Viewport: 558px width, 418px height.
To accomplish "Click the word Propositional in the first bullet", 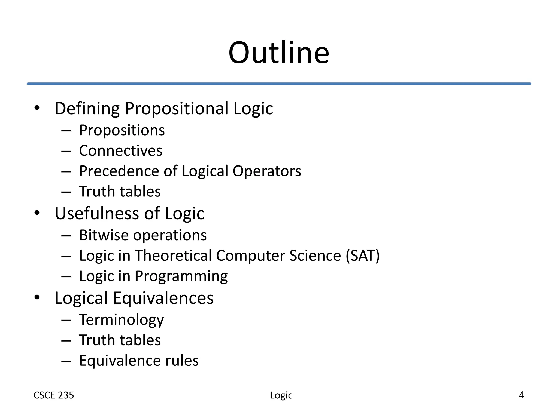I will click(x=176, y=109).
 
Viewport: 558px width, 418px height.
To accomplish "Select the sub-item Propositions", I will click(x=122, y=130).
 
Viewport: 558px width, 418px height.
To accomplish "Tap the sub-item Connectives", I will click(x=120, y=151).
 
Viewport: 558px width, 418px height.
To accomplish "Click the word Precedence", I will click(x=119, y=171).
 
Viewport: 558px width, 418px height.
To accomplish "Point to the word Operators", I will click(x=267, y=171).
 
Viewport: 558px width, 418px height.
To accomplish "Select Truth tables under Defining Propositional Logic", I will click(x=120, y=192).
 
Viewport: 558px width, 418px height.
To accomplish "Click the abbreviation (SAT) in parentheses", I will click(x=363, y=256).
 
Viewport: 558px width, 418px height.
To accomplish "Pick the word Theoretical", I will click(x=173, y=256).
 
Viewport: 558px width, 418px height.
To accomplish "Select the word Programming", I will click(x=181, y=276).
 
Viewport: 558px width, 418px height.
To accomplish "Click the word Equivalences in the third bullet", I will click(x=163, y=298).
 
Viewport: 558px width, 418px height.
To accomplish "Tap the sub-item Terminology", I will click(x=122, y=320).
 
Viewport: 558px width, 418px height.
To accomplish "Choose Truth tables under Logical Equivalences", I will click(x=120, y=340).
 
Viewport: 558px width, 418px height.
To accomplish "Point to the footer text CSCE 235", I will click(x=54, y=395).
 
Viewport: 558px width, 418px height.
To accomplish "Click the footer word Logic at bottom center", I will click(x=281, y=395).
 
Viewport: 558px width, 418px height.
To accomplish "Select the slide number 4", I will click(x=521, y=395).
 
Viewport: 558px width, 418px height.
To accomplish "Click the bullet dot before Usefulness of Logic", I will click(x=37, y=213).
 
